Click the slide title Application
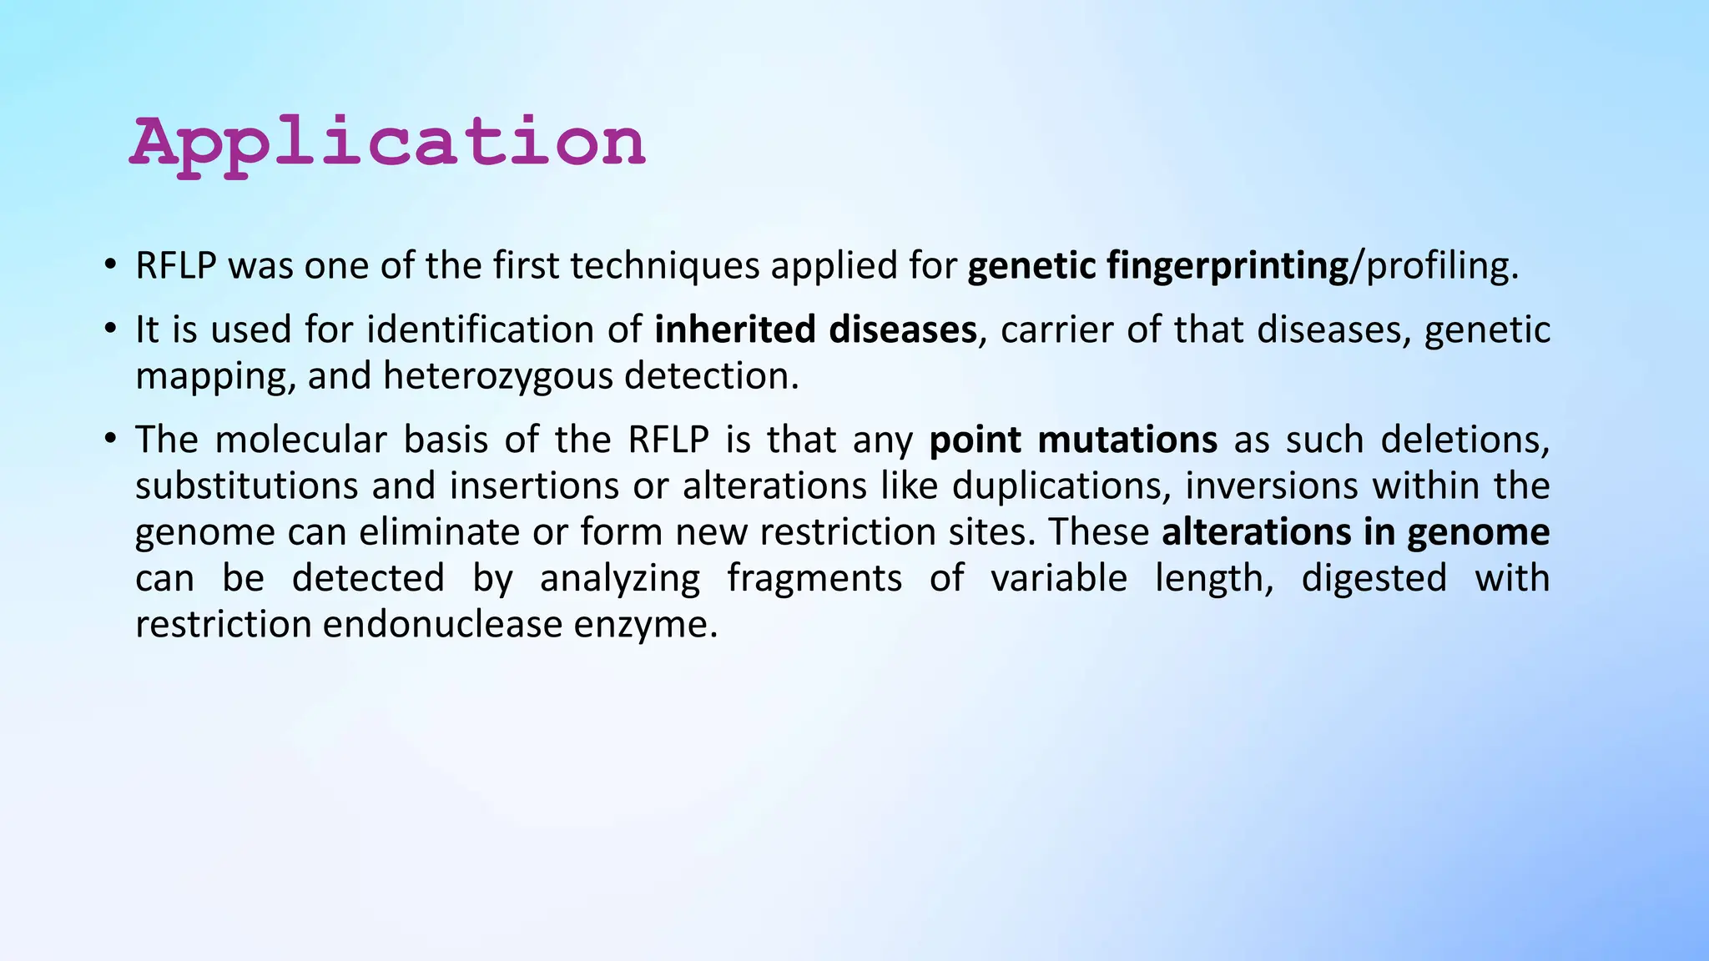387,143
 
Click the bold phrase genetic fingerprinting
1157,266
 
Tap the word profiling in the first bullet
1437,266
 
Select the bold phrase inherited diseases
815,330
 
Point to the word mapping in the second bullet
214,376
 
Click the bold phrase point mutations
1072,440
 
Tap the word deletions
1464,440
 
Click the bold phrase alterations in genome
1355,532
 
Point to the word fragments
814,578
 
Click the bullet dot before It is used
109,329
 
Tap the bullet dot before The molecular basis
109,439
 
